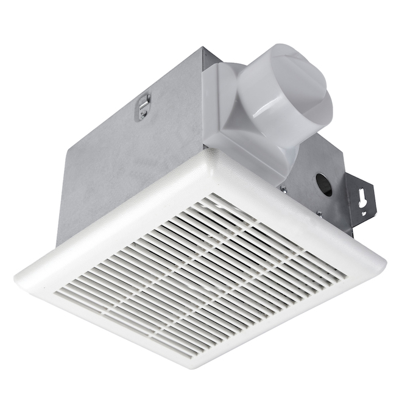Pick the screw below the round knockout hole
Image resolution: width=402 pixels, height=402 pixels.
pos(319,213)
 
